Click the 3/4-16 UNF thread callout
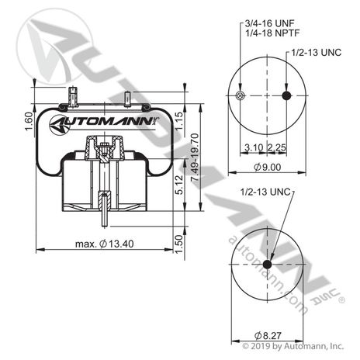tap(269, 24)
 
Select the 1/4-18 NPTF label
tap(272, 33)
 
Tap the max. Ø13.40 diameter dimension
tap(105, 244)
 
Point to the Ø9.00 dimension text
tap(268, 168)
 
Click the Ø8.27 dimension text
tap(268, 336)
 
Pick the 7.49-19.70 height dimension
tap(196, 157)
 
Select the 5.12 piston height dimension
tap(179, 185)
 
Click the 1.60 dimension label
tap(29, 121)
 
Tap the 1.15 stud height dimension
tap(179, 121)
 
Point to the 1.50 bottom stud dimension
tap(179, 244)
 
